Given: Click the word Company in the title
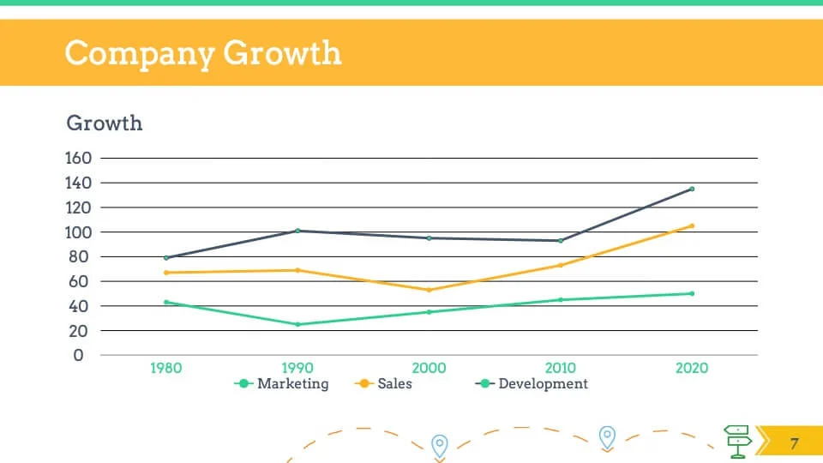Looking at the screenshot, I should point(139,53).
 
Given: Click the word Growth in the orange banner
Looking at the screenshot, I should point(282,53).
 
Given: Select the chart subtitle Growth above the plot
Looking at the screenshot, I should point(105,123).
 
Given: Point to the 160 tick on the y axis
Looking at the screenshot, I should point(78,159).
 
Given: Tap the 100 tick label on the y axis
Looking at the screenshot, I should point(78,232).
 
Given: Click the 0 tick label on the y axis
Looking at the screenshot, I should point(79,355).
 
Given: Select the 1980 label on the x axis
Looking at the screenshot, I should point(166,368).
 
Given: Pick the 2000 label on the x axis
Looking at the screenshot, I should point(430,368).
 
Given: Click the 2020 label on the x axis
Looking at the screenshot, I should point(692,368).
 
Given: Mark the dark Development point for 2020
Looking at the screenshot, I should point(692,189).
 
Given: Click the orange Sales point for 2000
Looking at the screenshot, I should point(430,290).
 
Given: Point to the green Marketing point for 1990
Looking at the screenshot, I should point(297,324).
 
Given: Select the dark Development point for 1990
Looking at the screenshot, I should point(297,231).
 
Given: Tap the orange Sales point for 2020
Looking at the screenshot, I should point(692,226).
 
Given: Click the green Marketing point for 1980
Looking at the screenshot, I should point(166,302).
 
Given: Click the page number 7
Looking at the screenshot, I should point(794,443).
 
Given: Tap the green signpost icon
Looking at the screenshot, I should point(737,441).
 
